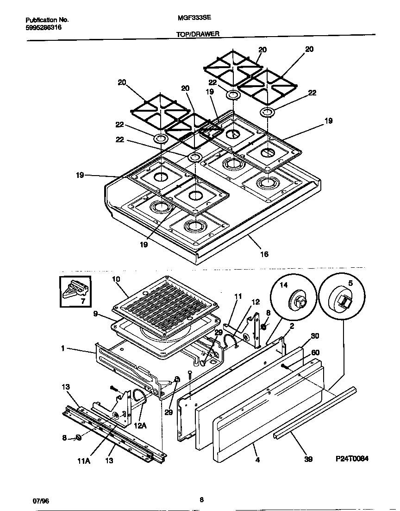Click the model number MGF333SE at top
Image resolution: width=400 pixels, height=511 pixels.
tap(191, 20)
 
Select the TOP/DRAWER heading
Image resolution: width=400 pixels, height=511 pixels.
tap(198, 34)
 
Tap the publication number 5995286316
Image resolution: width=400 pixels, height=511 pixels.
tap(43, 27)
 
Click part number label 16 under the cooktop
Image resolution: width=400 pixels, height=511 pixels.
tap(264, 254)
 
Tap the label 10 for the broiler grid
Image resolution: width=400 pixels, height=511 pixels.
tap(116, 279)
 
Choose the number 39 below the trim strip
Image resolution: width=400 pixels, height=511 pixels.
tap(308, 459)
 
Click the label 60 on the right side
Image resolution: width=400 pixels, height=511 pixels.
tap(315, 353)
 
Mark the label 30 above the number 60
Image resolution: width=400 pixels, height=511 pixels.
tap(315, 335)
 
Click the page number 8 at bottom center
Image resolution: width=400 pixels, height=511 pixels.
tap(201, 499)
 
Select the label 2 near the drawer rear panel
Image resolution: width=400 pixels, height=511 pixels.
tap(292, 326)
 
